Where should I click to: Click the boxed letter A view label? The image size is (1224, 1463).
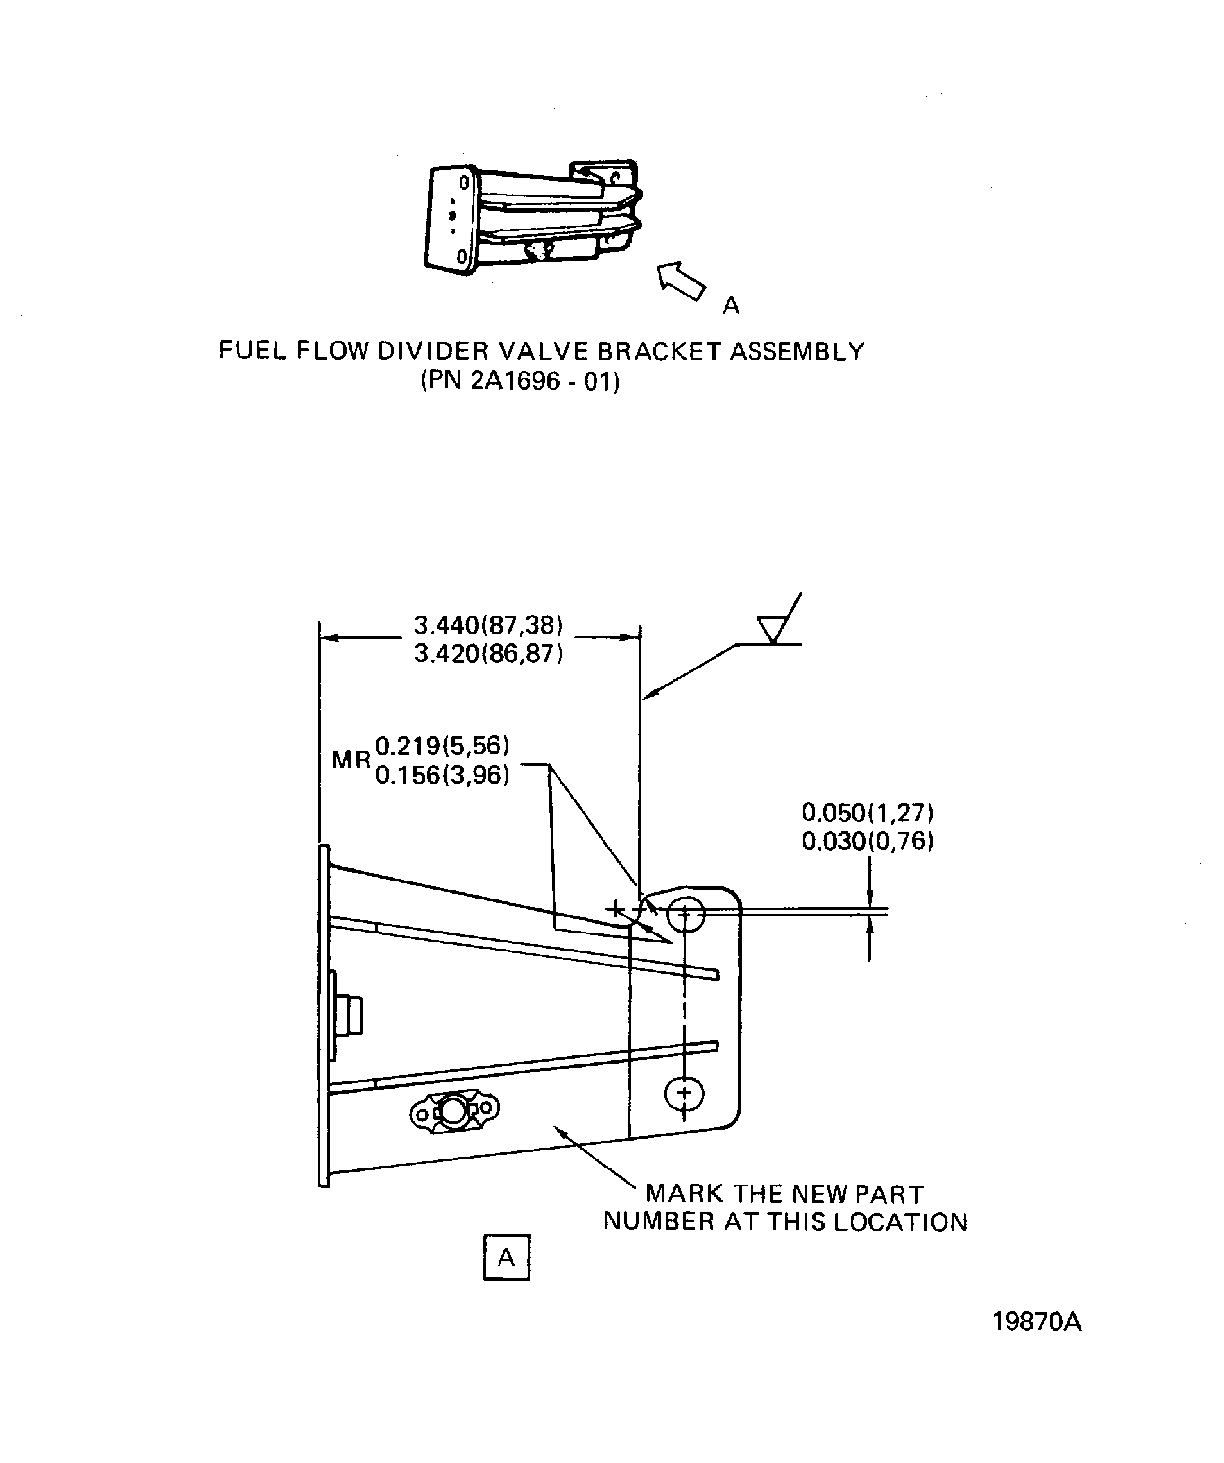[x=507, y=1258]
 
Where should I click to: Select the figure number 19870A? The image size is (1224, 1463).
[x=1037, y=1322]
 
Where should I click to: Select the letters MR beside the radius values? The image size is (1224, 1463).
[x=351, y=760]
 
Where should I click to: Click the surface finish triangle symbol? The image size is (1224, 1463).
[x=771, y=629]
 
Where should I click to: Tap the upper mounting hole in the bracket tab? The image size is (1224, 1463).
[x=686, y=913]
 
